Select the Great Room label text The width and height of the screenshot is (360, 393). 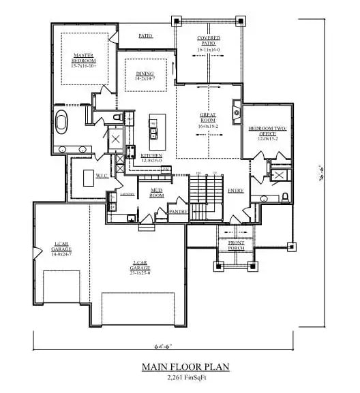tap(207, 119)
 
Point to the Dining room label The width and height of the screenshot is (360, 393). tap(145, 76)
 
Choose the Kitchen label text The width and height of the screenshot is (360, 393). tap(151, 157)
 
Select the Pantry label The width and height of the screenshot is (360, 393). tap(178, 212)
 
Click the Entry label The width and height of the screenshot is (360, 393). tap(236, 191)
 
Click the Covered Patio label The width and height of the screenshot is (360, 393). tap(208, 44)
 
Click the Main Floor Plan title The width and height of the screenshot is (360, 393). tap(185, 366)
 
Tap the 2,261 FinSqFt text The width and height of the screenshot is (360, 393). tap(185, 377)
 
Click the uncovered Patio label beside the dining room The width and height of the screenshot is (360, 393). tap(145, 35)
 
